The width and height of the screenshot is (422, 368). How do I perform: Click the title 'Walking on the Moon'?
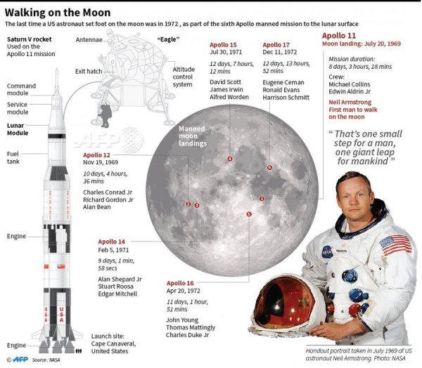[58, 13]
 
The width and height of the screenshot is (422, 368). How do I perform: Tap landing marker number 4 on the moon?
[230, 159]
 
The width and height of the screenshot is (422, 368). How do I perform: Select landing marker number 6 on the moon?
[269, 167]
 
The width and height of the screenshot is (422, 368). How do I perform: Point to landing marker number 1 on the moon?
[262, 199]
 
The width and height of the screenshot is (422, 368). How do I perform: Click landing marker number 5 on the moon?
[249, 214]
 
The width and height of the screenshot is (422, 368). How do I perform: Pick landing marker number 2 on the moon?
[188, 204]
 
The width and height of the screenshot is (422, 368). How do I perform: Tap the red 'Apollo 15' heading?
[223, 45]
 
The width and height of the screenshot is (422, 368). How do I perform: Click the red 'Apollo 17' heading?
[276, 45]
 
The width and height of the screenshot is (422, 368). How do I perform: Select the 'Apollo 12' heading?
[96, 155]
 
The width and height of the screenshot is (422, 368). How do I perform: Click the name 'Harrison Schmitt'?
[286, 98]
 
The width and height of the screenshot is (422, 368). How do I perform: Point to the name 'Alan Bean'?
[97, 207]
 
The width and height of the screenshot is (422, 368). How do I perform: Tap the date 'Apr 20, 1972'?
[184, 291]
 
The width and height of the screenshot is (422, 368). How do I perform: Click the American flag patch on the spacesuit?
[395, 244]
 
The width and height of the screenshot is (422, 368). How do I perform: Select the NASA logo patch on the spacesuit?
[327, 252]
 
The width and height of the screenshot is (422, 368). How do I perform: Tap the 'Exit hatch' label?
[89, 71]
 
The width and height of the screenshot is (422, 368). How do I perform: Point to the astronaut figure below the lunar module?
[105, 116]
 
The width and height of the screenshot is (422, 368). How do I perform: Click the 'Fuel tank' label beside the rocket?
[13, 157]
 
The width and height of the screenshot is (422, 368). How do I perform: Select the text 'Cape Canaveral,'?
[113, 344]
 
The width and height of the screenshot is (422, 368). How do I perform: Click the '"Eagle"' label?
[168, 39]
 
